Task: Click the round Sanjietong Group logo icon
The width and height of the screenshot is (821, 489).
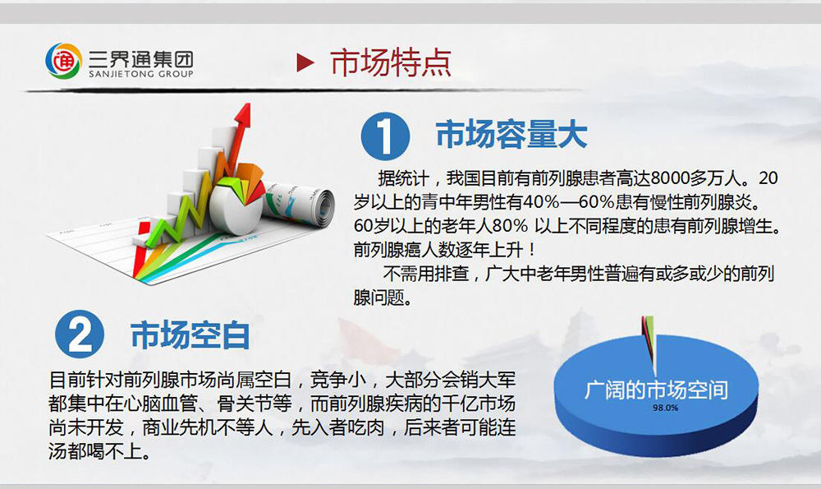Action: pyautogui.click(x=63, y=62)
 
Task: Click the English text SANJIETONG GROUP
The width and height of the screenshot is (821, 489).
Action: pyautogui.click(x=141, y=74)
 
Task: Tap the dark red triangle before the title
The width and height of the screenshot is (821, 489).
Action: pyautogui.click(x=305, y=62)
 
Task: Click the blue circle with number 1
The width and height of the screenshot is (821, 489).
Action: pyautogui.click(x=385, y=136)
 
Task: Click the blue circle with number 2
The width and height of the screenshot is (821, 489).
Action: pyautogui.click(x=80, y=334)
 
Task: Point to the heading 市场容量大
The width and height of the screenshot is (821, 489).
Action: pyautogui.click(x=511, y=135)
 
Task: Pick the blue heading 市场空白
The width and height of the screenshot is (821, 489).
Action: pyautogui.click(x=190, y=335)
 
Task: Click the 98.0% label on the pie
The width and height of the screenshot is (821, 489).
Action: pyautogui.click(x=665, y=408)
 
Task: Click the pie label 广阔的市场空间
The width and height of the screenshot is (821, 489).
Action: pyautogui.click(x=656, y=390)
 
